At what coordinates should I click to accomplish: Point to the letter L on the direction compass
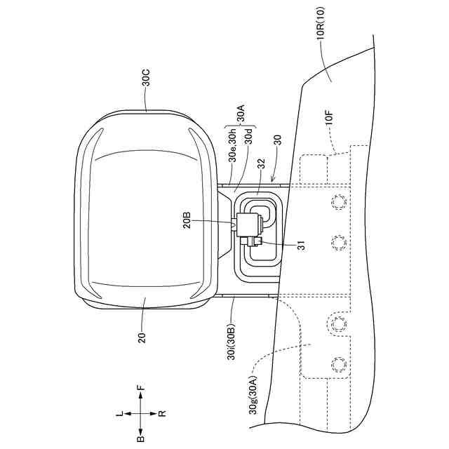pyautogui.click(x=119, y=415)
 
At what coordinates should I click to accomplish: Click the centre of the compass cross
pyautogui.click(x=140, y=414)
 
